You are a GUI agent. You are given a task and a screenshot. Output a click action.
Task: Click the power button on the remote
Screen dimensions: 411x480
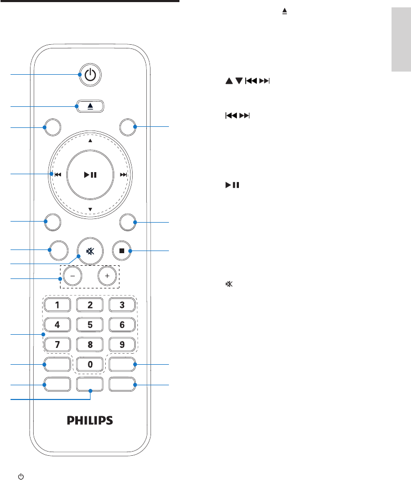point(91,75)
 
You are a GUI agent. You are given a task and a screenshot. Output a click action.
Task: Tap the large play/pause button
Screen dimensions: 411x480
point(90,175)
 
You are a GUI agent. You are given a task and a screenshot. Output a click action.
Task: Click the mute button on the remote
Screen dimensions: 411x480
point(90,251)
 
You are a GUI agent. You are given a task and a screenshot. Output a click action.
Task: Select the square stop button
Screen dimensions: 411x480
point(122,251)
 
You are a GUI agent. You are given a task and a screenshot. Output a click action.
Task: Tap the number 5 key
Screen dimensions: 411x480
point(90,325)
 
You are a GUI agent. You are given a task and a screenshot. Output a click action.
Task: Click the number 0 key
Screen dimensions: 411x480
point(90,364)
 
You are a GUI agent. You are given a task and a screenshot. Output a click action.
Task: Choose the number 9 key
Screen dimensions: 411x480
point(122,345)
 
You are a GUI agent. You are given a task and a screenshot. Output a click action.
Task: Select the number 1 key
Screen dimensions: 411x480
point(58,305)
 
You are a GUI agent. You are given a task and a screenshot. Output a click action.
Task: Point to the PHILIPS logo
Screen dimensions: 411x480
point(90,421)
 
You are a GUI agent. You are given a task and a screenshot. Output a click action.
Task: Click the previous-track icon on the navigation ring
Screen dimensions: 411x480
point(57,175)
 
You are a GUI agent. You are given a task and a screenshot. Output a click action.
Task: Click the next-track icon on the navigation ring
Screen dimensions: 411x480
point(123,175)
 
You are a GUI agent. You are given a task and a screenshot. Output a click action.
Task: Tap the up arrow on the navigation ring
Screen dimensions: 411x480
point(90,141)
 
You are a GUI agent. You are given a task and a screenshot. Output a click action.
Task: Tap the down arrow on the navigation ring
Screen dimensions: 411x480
point(90,209)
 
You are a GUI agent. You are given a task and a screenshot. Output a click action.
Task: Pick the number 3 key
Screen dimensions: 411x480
point(122,305)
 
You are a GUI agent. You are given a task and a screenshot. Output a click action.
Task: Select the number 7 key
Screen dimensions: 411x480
point(58,345)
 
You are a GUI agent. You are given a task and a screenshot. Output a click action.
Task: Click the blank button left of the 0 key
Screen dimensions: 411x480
point(57,364)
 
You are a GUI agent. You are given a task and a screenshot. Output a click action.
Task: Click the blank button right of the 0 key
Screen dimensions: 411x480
point(122,364)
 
